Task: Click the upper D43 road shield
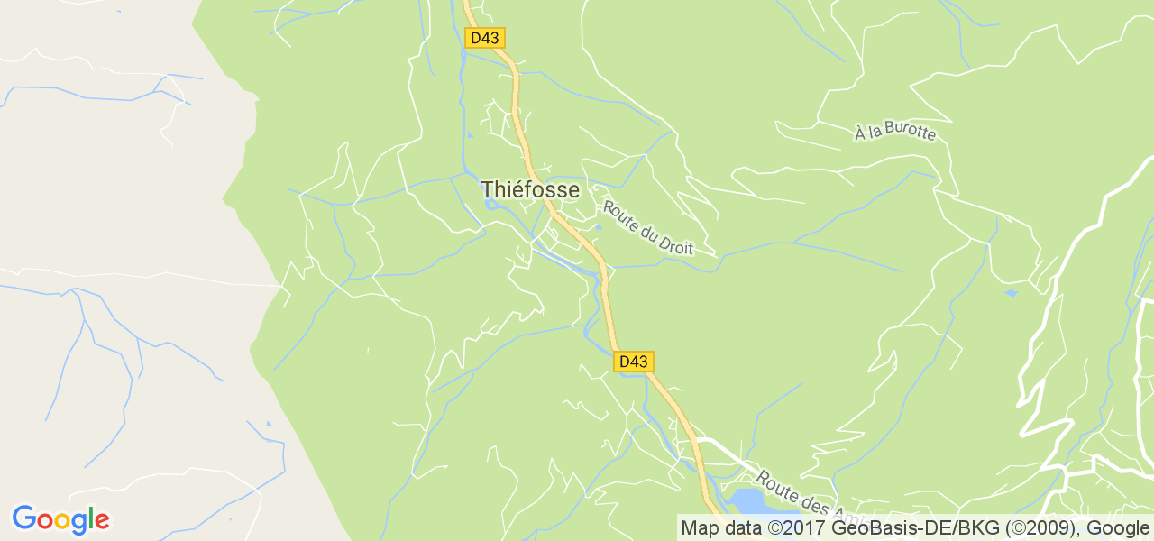tap(485, 38)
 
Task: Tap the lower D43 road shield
tap(633, 362)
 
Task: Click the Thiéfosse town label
tap(529, 189)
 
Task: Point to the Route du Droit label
tap(648, 227)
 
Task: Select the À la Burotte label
tap(896, 132)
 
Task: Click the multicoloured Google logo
tap(60, 519)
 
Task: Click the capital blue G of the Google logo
tap(23, 518)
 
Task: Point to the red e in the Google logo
tap(102, 521)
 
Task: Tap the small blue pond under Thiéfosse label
tap(491, 204)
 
